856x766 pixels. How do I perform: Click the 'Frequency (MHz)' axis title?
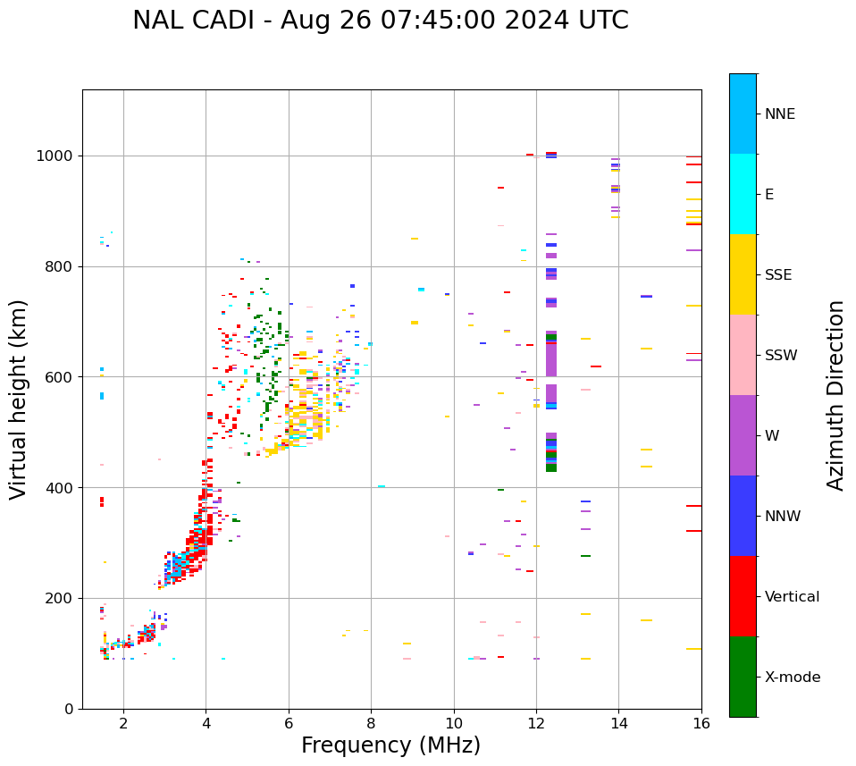pos(390,745)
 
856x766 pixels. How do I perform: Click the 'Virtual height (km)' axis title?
pos(19,399)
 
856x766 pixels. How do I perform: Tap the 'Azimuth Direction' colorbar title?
pos(835,395)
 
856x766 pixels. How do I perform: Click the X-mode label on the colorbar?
pos(792,678)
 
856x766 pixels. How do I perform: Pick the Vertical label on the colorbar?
pos(792,597)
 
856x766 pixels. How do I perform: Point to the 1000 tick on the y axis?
pos(56,156)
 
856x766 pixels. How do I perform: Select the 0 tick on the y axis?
pos(70,709)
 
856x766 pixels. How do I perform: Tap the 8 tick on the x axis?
pos(371,723)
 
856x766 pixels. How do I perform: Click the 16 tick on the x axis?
pos(701,723)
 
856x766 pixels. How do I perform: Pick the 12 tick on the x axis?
pos(536,723)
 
